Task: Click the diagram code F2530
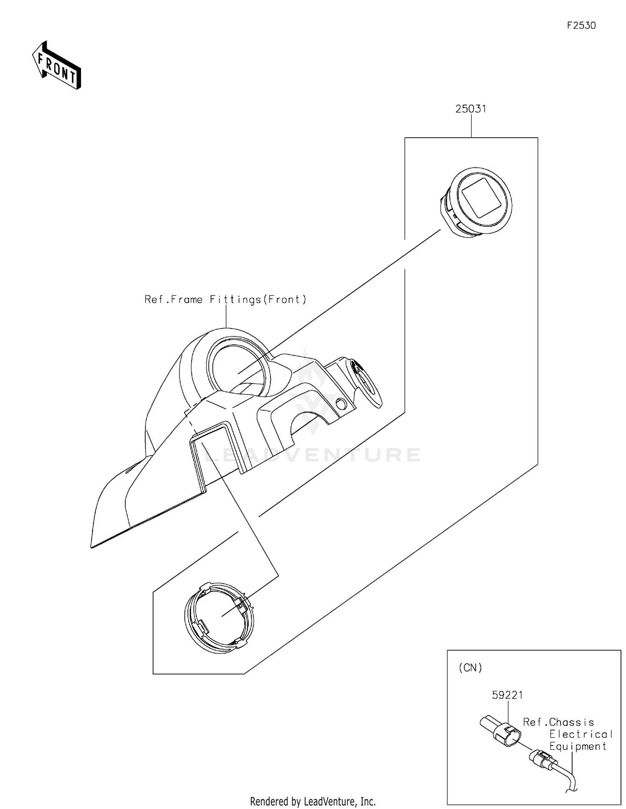coord(581,25)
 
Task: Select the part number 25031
coord(471,109)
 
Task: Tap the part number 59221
coord(507,695)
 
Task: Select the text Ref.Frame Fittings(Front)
coord(225,299)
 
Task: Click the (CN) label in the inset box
coord(470,668)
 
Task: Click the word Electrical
coord(581,734)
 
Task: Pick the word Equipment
coord(578,747)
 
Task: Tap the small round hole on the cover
coord(341,404)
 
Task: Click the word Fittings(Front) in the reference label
coord(258,299)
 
